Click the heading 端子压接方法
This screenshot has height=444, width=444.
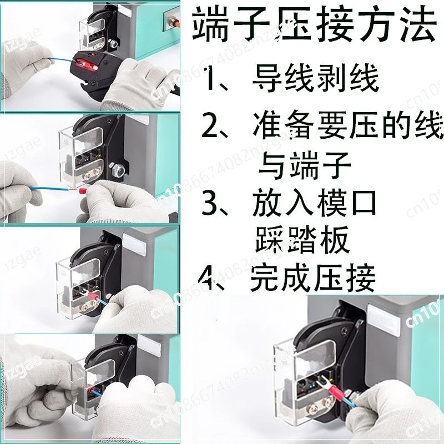click(314, 24)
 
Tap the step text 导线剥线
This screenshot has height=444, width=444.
click(315, 78)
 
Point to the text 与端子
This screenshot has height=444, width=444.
click(304, 165)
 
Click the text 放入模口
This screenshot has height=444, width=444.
click(314, 203)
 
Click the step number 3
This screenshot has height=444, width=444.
click(209, 204)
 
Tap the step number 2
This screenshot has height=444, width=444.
click(209, 126)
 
